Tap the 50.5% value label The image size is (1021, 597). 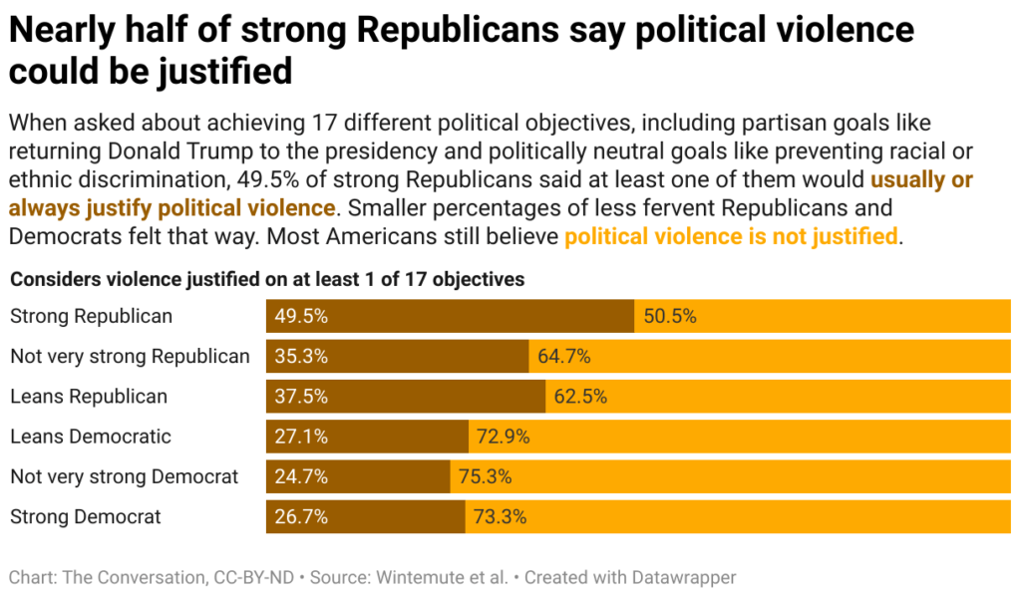click(x=670, y=316)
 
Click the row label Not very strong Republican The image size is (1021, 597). click(x=130, y=356)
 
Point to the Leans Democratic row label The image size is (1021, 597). click(x=91, y=437)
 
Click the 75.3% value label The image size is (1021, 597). click(x=485, y=477)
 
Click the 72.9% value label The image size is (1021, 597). click(x=503, y=437)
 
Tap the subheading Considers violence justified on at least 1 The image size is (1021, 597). click(x=267, y=279)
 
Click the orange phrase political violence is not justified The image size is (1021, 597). click(x=731, y=237)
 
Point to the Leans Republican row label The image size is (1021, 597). click(x=89, y=397)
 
